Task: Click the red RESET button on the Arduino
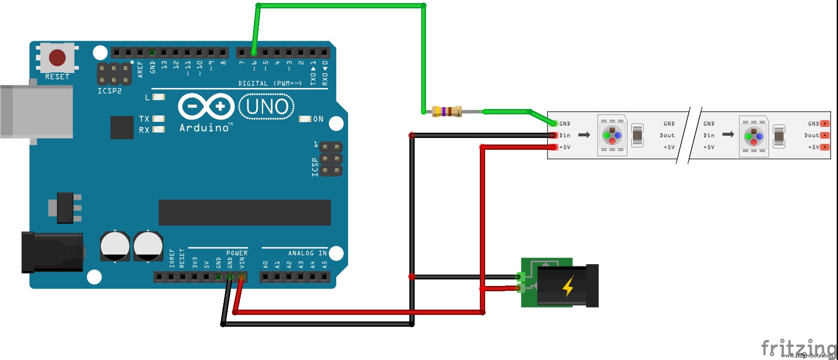[x=57, y=57]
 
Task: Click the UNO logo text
[x=267, y=107]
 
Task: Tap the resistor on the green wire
[x=447, y=112]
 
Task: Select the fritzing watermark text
[x=798, y=348]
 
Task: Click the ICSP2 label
[x=109, y=91]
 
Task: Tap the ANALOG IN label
[x=307, y=253]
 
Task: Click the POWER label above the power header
[x=237, y=253]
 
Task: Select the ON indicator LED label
[x=318, y=119]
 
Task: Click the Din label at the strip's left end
[x=565, y=136]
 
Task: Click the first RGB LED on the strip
[x=612, y=135]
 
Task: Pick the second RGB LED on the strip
[x=753, y=136]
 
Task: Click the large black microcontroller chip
[x=244, y=213]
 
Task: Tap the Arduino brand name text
[x=204, y=128]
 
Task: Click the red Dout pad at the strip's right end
[x=825, y=135]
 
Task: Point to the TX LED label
[x=144, y=119]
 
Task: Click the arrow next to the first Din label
[x=584, y=135]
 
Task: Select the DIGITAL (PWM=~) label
[x=270, y=83]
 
